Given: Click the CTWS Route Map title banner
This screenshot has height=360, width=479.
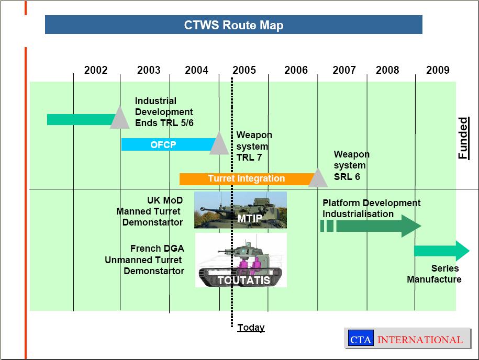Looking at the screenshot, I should click(233, 25).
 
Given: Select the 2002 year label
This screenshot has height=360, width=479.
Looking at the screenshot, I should click(96, 70).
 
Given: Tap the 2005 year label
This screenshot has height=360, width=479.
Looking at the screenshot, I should click(244, 70).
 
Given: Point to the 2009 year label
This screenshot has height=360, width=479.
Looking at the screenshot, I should click(438, 70).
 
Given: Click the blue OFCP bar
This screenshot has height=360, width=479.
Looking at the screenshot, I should click(163, 145).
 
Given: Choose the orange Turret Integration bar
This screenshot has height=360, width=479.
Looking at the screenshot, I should click(246, 178).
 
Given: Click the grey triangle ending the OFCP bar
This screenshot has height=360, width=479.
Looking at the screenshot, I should click(219, 144).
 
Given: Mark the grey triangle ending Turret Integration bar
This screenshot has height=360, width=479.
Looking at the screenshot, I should click(317, 179).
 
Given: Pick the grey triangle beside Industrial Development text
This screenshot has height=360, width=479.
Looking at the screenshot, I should click(119, 118).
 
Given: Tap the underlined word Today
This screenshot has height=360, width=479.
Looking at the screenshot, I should click(251, 328).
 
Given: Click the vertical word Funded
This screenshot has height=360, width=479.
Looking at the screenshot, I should click(463, 138).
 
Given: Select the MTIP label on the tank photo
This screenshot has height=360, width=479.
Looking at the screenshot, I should click(250, 218).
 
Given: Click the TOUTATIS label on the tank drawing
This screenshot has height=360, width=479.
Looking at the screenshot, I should click(244, 280).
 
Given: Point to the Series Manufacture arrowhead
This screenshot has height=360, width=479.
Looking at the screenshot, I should click(462, 251).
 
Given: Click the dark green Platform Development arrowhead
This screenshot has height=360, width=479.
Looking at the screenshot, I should click(411, 226).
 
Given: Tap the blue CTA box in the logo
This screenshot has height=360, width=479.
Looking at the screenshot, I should click(360, 340).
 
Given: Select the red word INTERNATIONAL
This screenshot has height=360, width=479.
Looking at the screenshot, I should click(420, 340).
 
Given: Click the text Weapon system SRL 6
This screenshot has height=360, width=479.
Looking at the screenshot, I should click(351, 165).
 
